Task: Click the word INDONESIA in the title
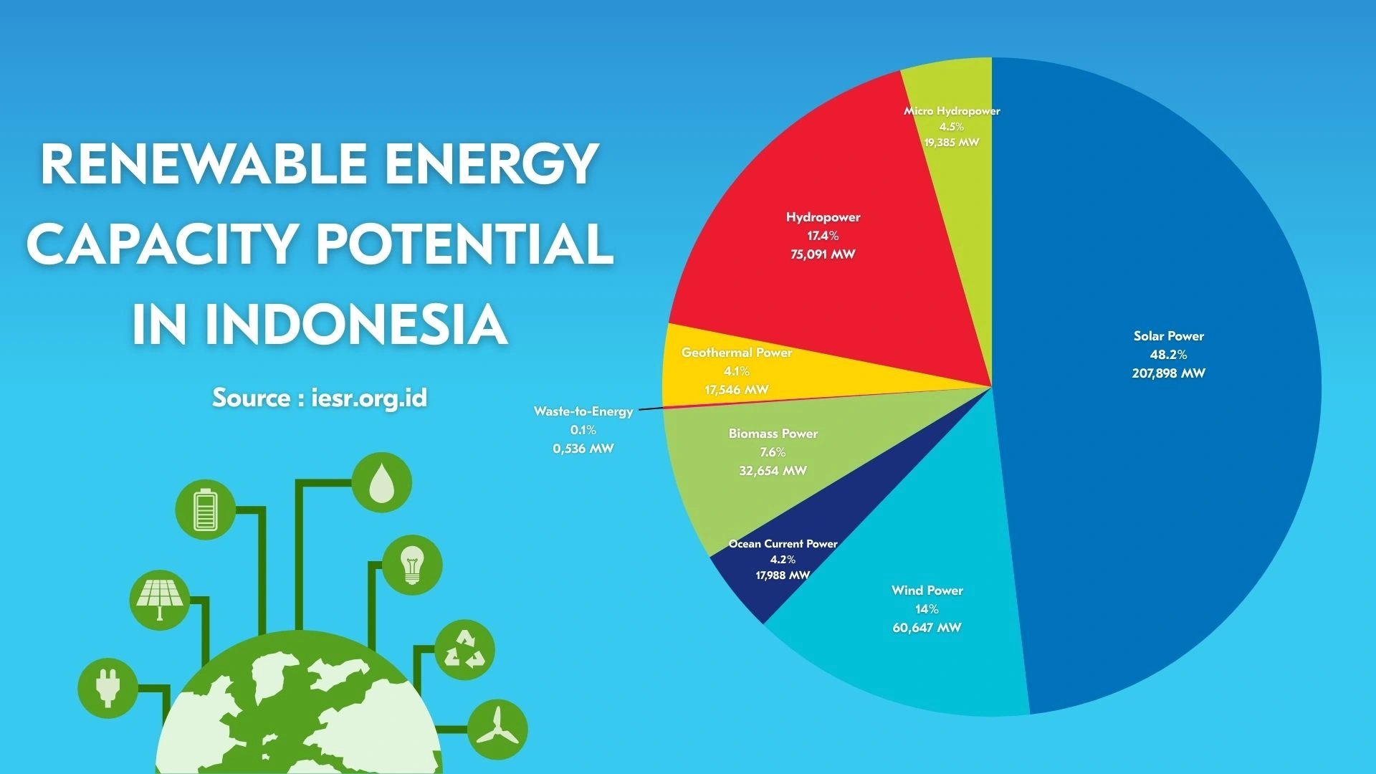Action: (x=356, y=324)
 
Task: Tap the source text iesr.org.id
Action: (x=369, y=397)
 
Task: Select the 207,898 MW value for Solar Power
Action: (x=1168, y=373)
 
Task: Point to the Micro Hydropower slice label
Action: (x=951, y=111)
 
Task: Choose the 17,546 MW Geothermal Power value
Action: (x=736, y=390)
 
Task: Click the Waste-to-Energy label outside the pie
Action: (x=583, y=411)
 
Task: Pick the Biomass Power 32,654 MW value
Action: (x=773, y=471)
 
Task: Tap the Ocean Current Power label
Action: (x=783, y=544)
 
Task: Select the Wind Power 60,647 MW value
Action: (x=927, y=628)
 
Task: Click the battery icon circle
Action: (x=206, y=510)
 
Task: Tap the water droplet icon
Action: (x=381, y=482)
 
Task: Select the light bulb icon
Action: (x=412, y=565)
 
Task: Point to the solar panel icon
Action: (x=160, y=600)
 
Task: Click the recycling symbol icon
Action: (x=464, y=649)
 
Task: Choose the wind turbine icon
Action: (x=497, y=730)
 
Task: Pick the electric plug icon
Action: (x=107, y=688)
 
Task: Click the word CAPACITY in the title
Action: (x=161, y=244)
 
